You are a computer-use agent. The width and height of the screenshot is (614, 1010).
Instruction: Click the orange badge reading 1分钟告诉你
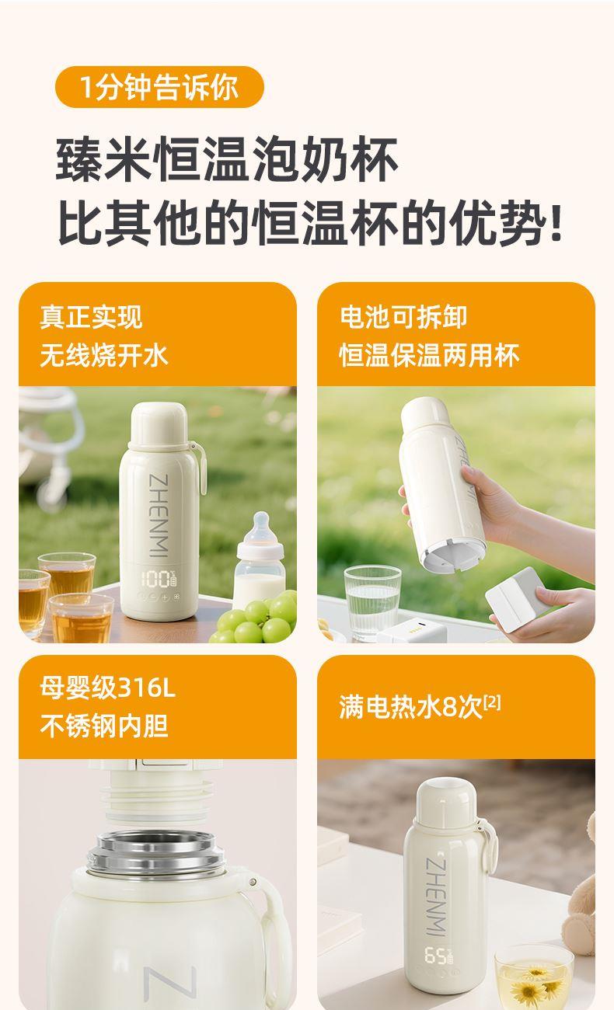[159, 87]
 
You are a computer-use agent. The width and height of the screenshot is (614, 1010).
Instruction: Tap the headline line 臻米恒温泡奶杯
[226, 159]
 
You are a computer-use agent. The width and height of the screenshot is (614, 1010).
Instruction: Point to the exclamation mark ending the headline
[556, 223]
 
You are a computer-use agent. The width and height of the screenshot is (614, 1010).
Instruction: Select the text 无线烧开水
[104, 355]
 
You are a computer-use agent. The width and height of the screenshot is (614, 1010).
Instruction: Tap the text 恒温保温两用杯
[429, 355]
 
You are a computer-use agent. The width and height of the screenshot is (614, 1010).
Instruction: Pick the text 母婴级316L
[107, 688]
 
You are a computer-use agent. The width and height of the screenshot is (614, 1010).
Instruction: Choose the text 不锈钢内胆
[104, 726]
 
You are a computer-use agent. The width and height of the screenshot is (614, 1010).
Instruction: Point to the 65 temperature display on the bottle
[438, 955]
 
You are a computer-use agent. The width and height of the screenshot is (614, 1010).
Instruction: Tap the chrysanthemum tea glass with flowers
[534, 977]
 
